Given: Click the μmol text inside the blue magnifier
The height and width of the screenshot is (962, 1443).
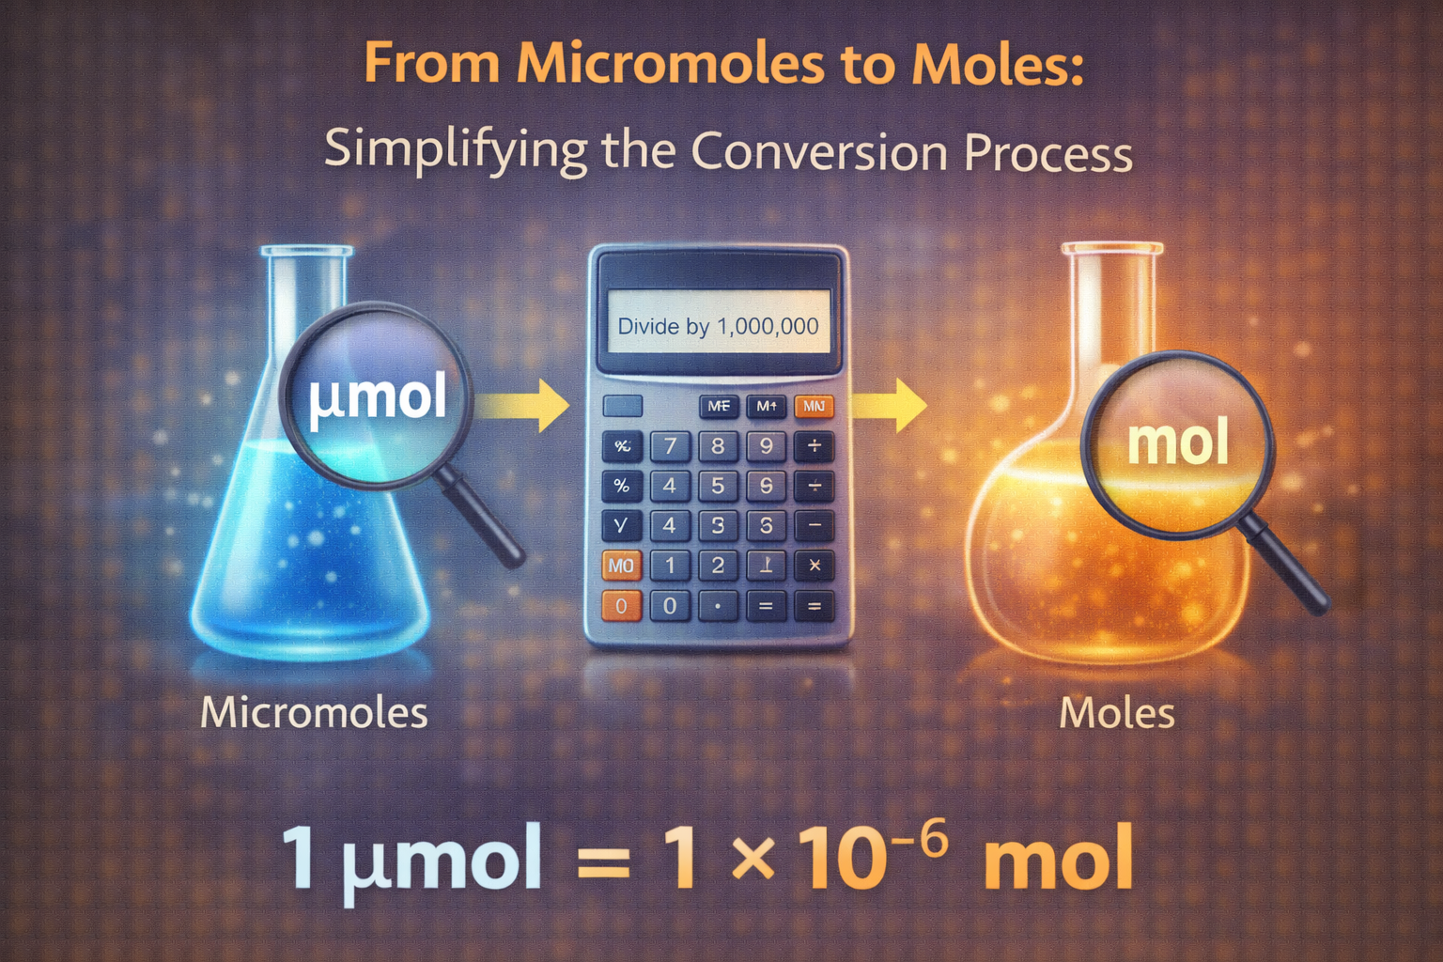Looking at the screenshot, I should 378,398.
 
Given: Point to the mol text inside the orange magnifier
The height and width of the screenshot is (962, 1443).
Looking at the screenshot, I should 1178,443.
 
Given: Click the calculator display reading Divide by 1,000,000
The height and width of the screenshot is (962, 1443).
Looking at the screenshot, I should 719,326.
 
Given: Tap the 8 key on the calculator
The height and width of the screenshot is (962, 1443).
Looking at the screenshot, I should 719,446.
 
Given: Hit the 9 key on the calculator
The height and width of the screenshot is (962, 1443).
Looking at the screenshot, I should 767,446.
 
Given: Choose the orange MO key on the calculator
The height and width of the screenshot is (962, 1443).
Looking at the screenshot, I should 621,566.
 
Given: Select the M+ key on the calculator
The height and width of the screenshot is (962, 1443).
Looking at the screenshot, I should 767,407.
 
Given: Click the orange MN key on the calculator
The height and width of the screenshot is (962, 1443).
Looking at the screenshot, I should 814,407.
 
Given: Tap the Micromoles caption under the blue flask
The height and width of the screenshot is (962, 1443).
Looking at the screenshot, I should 314,713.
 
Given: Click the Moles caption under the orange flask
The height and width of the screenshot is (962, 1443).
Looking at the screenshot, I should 1117,714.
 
